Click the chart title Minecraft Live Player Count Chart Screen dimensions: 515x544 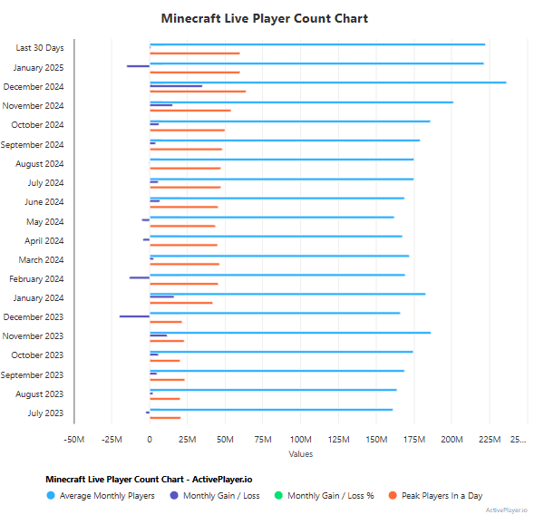[x=264, y=18]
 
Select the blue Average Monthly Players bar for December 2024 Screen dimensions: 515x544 [x=327, y=83]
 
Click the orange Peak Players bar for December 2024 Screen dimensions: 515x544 [x=198, y=92]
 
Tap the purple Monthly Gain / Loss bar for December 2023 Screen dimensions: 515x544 [x=134, y=316]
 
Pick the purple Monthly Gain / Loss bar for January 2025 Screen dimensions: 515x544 [x=138, y=66]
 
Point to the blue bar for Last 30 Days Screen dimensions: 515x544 [x=317, y=44]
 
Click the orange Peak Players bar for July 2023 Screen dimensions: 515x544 [x=165, y=418]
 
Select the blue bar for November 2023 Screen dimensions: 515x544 [x=290, y=333]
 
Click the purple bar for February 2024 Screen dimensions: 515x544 [x=140, y=277]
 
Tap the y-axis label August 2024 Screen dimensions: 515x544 [x=40, y=164]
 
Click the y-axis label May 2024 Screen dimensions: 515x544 [x=45, y=222]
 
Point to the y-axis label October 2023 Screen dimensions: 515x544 [x=37, y=355]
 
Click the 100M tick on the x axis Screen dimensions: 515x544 [x=300, y=441]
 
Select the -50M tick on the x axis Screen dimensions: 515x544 [x=74, y=441]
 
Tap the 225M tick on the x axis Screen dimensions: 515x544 [x=489, y=441]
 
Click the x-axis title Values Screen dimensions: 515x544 [x=300, y=454]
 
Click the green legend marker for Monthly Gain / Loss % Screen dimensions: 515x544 [x=278, y=496]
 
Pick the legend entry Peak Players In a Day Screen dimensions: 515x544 [x=442, y=496]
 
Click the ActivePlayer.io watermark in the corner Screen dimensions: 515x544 [x=507, y=510]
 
